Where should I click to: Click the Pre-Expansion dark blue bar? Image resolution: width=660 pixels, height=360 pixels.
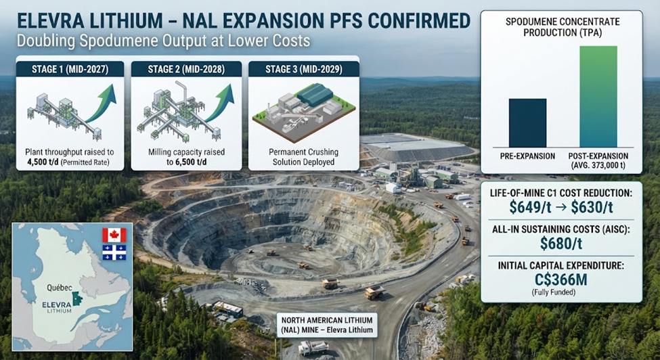coord(527,122)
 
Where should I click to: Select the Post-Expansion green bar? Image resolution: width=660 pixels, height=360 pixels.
coord(598,97)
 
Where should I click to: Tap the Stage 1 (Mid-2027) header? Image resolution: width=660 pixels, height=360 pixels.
coord(70,69)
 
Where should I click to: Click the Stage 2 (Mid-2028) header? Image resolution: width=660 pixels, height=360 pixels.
coord(186,69)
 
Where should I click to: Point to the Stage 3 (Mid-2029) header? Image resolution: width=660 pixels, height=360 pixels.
coord(303,69)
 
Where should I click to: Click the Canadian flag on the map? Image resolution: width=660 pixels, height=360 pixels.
coord(114,235)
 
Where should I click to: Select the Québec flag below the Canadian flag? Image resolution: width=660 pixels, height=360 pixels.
coord(114,252)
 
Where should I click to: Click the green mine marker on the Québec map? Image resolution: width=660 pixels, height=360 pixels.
coord(77,298)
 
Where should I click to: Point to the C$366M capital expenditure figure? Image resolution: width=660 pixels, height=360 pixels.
coord(560,279)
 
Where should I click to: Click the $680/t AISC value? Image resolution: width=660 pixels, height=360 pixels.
coord(561,244)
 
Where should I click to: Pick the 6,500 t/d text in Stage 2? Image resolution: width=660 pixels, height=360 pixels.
coord(186,162)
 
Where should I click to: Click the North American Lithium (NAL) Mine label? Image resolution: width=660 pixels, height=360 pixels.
coord(327,325)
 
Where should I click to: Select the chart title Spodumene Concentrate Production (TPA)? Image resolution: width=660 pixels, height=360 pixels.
coord(563,26)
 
